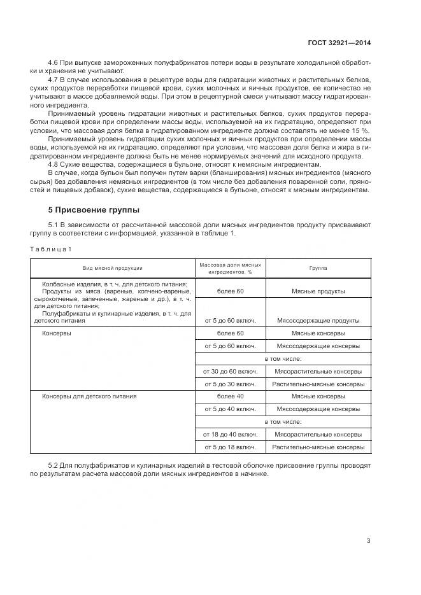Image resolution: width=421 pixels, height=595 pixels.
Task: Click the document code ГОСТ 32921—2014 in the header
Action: click(339, 43)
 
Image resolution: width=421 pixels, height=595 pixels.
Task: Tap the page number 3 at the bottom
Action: click(368, 541)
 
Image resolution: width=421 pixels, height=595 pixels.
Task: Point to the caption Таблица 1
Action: click(52, 248)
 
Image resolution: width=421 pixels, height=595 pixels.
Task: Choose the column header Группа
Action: click(318, 268)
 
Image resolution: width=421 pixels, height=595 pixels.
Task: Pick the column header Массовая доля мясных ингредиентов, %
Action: click(230, 268)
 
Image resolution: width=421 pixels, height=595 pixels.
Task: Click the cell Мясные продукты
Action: click(318, 291)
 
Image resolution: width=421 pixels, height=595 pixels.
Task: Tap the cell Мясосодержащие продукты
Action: click(318, 320)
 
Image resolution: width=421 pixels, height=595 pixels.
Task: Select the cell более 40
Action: click(230, 396)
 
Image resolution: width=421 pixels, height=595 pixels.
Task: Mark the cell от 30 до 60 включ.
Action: click(230, 371)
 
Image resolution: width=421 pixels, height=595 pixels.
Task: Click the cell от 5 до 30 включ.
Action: click(230, 384)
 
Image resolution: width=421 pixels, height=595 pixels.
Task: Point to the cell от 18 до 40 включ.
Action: click(230, 434)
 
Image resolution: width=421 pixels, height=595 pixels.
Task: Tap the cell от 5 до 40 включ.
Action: click(230, 409)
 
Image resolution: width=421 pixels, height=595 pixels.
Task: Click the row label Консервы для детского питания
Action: click(89, 396)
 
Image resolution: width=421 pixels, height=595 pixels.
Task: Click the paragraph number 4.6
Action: click(54, 62)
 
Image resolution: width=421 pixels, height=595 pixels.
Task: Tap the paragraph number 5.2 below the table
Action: click(54, 466)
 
